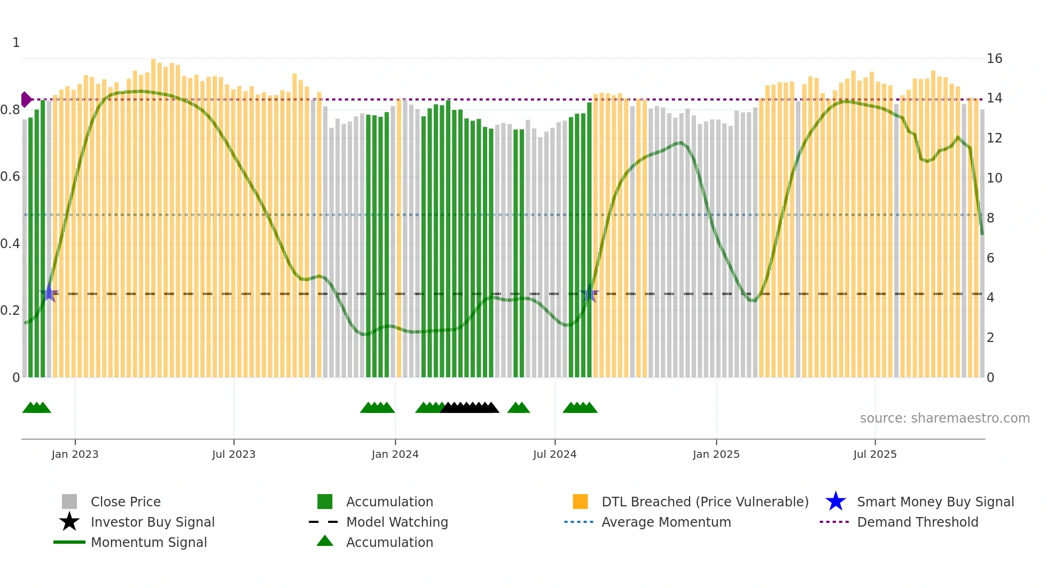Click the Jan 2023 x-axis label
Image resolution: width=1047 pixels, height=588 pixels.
coord(75,454)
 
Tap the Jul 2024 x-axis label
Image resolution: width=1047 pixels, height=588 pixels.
coord(554,454)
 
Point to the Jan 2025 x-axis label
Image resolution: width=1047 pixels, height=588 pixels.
coord(716,454)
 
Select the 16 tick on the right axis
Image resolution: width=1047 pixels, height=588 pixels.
coord(994,59)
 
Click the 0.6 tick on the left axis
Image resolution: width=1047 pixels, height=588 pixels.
coord(10,177)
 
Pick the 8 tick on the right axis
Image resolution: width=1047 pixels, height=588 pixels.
coord(990,218)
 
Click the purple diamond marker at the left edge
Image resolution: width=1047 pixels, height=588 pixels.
coord(26,99)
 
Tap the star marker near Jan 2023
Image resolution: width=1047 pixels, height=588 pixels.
coord(49,293)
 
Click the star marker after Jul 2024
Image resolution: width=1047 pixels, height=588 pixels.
coord(589,293)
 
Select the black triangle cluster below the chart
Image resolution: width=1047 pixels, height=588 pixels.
coord(470,408)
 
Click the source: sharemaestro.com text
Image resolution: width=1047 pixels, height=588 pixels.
coord(944,418)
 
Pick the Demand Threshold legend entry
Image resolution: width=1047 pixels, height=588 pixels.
coord(917,522)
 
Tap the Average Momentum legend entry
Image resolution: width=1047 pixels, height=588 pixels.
coord(666,522)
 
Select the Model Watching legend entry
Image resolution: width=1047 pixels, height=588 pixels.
coord(396,522)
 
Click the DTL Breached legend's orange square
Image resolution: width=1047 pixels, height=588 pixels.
coord(580,502)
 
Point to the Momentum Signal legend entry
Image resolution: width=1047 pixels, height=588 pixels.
coord(149,542)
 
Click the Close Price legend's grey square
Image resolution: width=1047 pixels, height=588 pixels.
coord(69,502)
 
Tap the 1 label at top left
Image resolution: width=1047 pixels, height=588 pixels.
coord(16,43)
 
